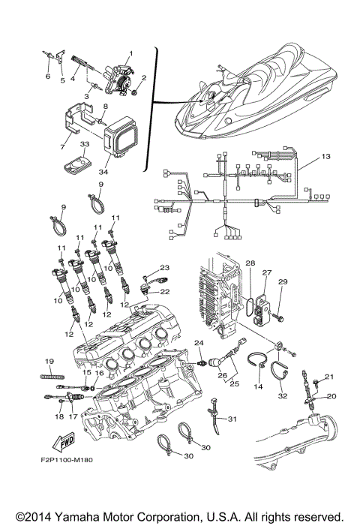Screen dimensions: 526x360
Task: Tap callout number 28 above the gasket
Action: (x=250, y=263)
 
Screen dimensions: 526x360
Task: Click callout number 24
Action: (x=199, y=343)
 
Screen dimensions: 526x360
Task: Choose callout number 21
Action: (x=327, y=376)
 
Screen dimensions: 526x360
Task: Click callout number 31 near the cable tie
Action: (x=232, y=419)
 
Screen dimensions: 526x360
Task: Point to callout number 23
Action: (x=164, y=267)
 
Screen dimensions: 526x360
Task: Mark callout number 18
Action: (x=58, y=415)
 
